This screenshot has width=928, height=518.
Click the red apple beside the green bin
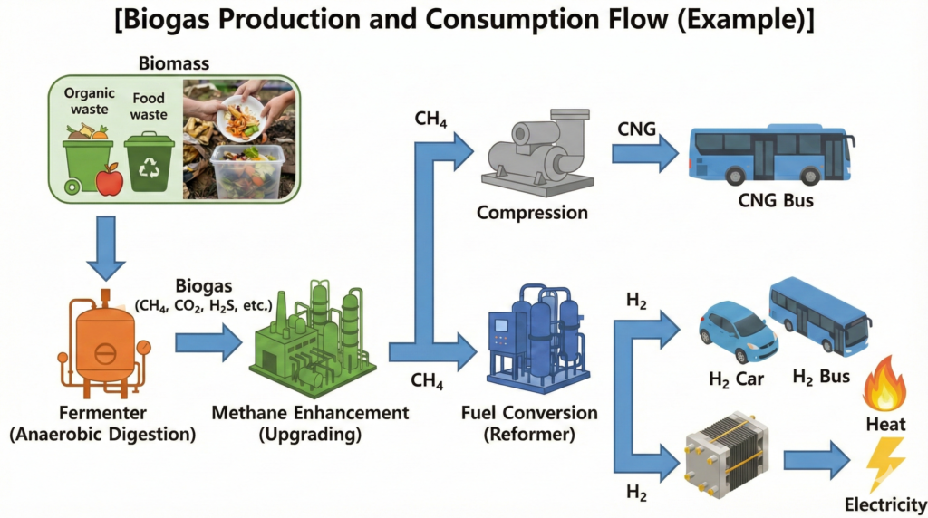(x=110, y=179)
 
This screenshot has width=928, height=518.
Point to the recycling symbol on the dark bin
(x=147, y=170)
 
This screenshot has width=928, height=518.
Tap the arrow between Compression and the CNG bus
(x=644, y=151)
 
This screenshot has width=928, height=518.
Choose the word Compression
(x=532, y=213)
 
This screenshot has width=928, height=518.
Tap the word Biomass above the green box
(x=173, y=63)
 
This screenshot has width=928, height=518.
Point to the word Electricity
(x=884, y=504)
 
